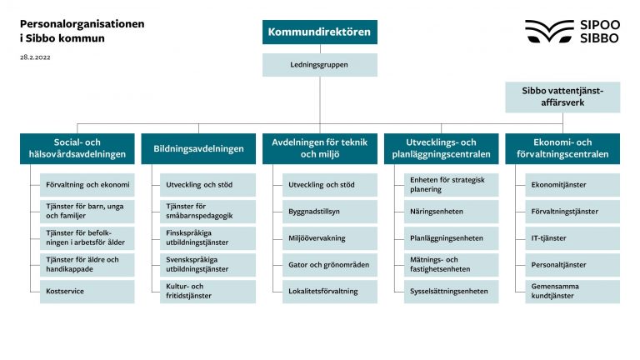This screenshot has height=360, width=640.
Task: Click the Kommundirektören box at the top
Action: coord(320,32)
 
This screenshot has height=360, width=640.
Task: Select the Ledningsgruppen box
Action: coord(320,64)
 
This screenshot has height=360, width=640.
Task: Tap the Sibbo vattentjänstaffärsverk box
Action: coord(562,97)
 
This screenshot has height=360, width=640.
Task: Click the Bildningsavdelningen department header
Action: coord(199,148)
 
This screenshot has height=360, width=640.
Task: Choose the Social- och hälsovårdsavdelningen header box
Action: coord(77,148)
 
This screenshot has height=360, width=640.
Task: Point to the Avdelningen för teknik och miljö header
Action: coord(320,148)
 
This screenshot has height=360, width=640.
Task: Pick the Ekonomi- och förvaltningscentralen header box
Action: coord(562,148)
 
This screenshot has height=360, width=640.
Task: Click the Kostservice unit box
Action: coord(87,292)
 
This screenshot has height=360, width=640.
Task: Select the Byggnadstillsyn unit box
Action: coord(329,212)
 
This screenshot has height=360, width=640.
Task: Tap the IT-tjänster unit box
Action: coord(572,238)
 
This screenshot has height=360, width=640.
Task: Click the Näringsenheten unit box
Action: coord(451,212)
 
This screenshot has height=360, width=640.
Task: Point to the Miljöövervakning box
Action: coord(329,238)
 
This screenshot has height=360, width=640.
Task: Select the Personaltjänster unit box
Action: coord(572,265)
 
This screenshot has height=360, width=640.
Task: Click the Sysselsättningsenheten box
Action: coord(451,292)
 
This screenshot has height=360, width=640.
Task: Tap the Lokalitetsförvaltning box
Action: coord(329,292)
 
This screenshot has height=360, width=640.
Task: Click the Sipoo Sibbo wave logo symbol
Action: coord(549,32)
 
